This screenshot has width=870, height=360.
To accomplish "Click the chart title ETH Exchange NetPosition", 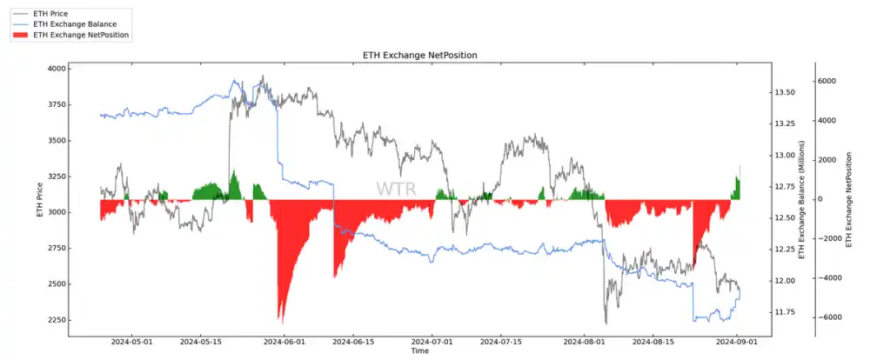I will pyautogui.click(x=419, y=56).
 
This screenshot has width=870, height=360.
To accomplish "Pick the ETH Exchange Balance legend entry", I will pyautogui.click(x=74, y=25).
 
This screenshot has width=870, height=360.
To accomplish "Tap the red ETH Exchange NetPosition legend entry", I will pyautogui.click(x=82, y=36).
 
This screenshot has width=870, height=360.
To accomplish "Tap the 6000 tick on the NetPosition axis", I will pyautogui.click(x=826, y=81).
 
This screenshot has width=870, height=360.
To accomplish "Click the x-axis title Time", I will pyautogui.click(x=420, y=351).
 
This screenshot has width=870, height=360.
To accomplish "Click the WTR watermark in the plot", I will pyautogui.click(x=396, y=189).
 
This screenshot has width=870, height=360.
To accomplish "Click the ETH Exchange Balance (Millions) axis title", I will pyautogui.click(x=802, y=200).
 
